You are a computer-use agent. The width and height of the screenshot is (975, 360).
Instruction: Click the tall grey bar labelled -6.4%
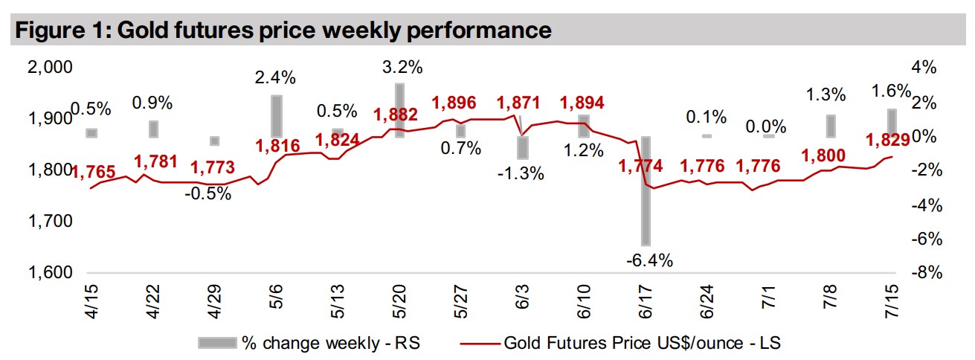[646, 191]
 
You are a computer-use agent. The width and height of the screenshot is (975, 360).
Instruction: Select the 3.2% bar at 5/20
[399, 110]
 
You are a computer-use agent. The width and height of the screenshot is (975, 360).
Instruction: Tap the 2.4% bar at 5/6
[276, 116]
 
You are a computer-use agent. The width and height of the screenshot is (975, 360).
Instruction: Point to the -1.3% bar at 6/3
[523, 147]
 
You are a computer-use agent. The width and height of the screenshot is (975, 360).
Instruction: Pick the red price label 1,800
[824, 155]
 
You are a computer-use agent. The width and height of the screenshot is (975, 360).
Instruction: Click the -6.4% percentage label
[649, 260]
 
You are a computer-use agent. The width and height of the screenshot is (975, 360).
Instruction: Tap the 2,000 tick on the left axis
[49, 68]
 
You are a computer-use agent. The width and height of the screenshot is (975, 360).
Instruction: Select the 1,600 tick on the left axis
[49, 273]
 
